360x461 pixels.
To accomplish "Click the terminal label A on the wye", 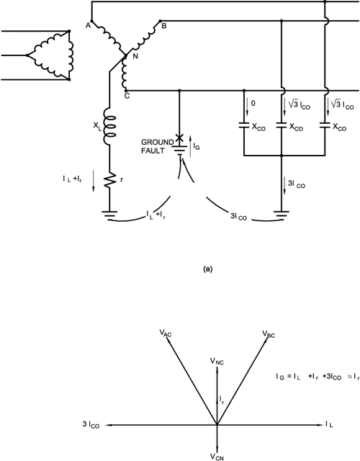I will tap(89, 23).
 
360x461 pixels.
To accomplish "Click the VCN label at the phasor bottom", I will tap(218, 456).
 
